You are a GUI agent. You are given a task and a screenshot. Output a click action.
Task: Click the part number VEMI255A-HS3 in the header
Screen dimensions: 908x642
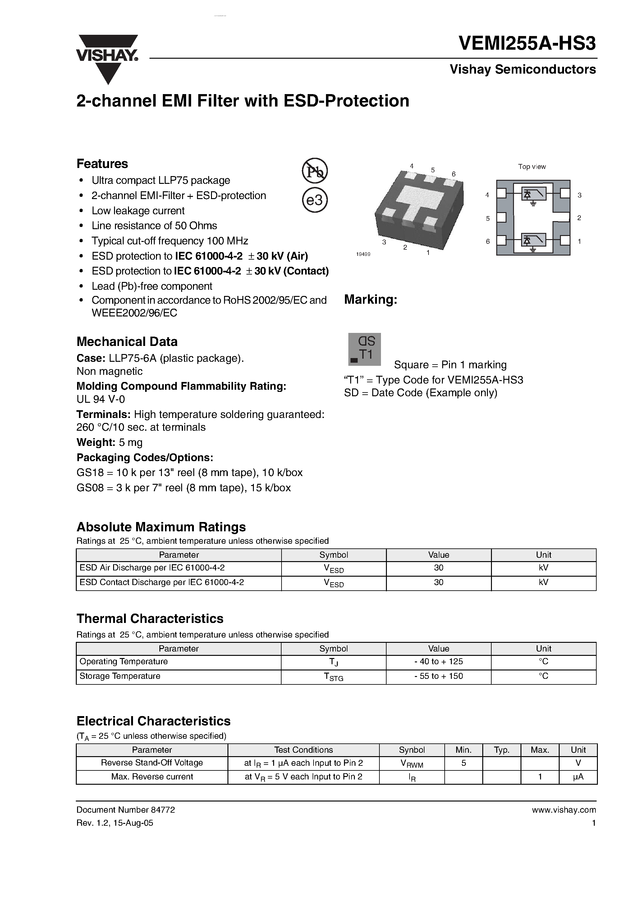click(527, 43)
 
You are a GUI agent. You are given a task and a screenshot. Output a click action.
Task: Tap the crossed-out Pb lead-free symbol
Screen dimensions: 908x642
click(315, 171)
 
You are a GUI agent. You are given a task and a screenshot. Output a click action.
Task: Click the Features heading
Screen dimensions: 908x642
click(102, 164)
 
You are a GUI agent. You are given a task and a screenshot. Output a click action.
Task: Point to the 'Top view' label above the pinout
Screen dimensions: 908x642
click(532, 166)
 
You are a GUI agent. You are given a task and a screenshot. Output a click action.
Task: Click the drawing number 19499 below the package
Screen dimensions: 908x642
click(363, 254)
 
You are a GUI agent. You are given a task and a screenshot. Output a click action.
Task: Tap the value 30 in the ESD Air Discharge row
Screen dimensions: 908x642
click(438, 568)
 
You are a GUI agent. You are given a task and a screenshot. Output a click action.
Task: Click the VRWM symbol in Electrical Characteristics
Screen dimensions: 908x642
click(412, 763)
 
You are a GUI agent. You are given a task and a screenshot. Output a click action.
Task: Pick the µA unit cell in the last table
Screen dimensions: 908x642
click(578, 777)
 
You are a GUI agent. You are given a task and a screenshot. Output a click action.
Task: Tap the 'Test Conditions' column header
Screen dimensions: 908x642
click(303, 750)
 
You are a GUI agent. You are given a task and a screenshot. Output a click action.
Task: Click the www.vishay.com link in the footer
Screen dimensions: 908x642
click(564, 810)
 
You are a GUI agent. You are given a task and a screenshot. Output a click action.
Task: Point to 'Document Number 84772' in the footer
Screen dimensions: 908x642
click(126, 810)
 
